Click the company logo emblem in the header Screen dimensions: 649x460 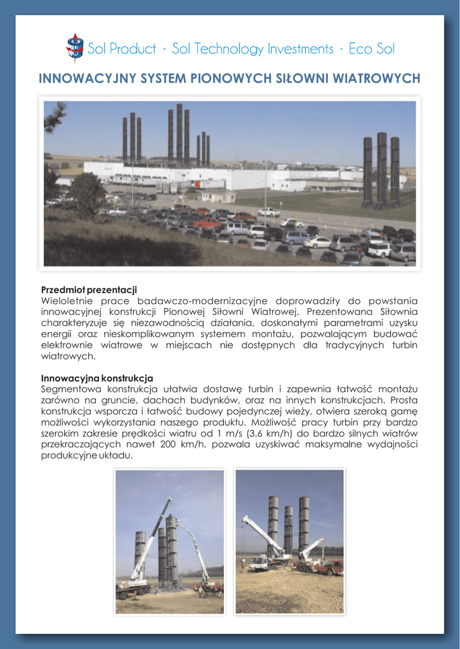(x=74, y=48)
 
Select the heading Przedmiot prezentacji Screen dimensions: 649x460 (x=89, y=290)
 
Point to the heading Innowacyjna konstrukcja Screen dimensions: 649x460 (x=96, y=378)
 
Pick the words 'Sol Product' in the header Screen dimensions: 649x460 (x=122, y=49)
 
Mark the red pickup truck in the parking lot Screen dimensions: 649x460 (x=207, y=223)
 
